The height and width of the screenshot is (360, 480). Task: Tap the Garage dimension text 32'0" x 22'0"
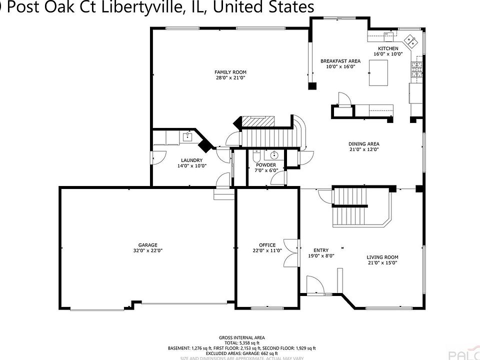[x=148, y=250]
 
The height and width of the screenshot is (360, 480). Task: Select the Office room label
[x=267, y=245]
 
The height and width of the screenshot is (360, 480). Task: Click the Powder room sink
[x=274, y=154]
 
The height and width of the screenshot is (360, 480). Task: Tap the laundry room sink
[x=189, y=137]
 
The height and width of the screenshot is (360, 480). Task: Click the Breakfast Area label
[x=340, y=61]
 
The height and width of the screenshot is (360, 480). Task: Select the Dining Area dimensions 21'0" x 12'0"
[x=363, y=149]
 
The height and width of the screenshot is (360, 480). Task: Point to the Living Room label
[x=382, y=257]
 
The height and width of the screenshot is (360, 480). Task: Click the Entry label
[x=320, y=250]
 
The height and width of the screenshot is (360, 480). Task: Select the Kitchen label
[x=388, y=48]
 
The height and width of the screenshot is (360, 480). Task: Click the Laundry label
[x=192, y=160]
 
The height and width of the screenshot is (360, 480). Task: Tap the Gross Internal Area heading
[x=242, y=337]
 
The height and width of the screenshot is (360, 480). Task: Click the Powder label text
[x=266, y=165]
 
